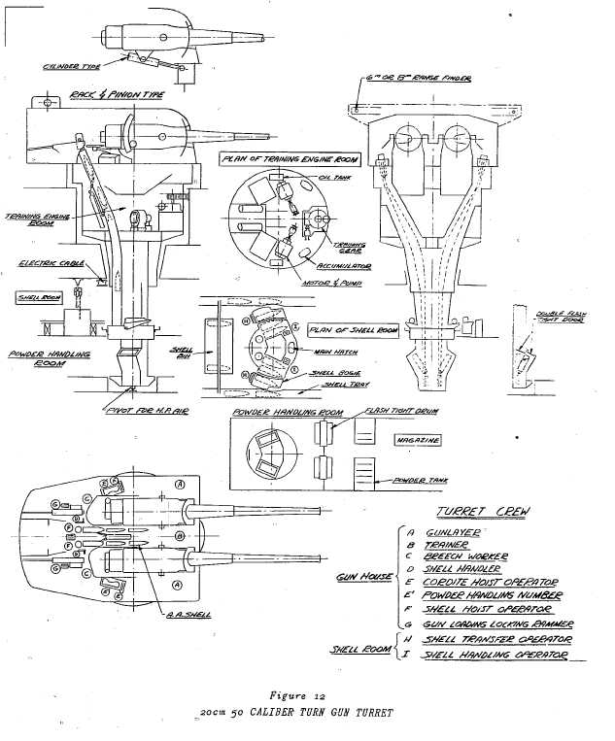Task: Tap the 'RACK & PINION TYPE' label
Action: [x=114, y=95]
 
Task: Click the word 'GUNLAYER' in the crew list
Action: [x=456, y=533]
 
